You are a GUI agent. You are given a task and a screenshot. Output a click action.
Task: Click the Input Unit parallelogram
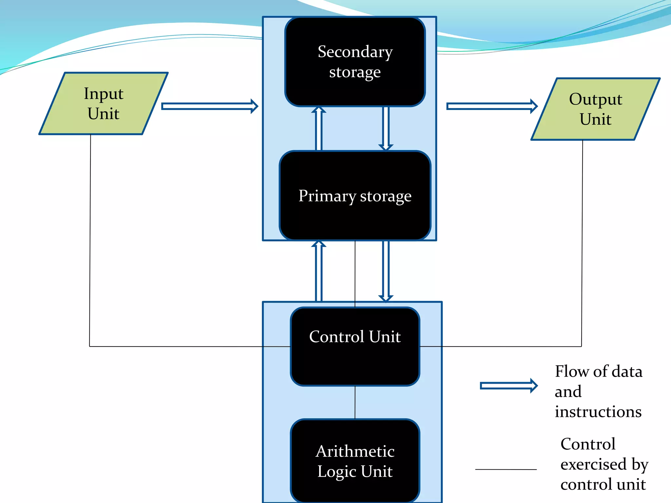click(104, 103)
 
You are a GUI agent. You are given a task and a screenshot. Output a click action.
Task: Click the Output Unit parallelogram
click(595, 109)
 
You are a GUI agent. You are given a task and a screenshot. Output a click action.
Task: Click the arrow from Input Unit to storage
click(210, 106)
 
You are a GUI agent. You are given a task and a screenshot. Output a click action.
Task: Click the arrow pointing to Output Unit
click(491, 106)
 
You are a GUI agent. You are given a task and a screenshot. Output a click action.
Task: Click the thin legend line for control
click(506, 469)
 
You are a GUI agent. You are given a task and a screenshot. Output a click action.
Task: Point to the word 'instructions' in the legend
click(598, 412)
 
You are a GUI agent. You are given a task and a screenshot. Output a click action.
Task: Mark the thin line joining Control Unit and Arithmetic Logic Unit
click(355, 402)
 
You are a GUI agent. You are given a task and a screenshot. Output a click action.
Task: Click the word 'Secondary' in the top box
click(355, 52)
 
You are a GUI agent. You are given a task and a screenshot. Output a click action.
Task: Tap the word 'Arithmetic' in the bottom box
click(355, 451)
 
